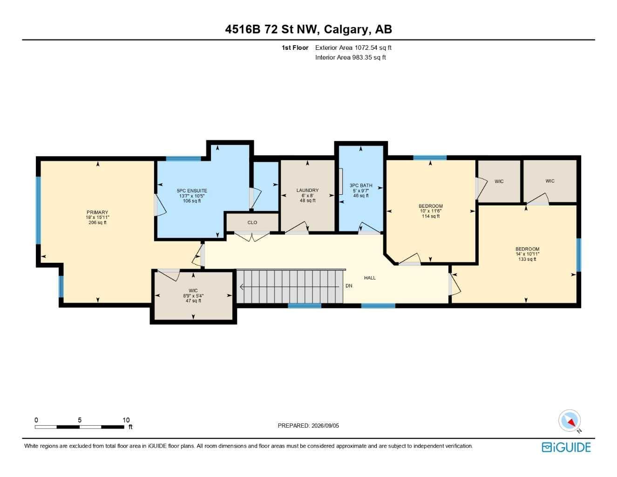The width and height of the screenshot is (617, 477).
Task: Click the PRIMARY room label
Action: click(97, 212)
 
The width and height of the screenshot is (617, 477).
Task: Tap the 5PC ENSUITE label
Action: click(192, 191)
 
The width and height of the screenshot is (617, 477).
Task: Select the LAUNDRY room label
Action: click(307, 190)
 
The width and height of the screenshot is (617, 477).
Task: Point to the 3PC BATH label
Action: click(361, 185)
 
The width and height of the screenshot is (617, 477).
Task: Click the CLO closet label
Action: click(252, 223)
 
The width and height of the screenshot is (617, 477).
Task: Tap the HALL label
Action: click(370, 278)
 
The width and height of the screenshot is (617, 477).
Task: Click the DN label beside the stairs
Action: click(349, 286)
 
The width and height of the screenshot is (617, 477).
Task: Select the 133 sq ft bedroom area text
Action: click(527, 259)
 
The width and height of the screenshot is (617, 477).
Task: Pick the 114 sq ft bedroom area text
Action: click(431, 216)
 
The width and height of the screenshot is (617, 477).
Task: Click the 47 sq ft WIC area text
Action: click(193, 300)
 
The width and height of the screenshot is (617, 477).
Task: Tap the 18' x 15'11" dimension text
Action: click(97, 218)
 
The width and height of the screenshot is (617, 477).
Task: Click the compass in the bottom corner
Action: click(570, 421)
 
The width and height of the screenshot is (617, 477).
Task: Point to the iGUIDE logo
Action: click(566, 447)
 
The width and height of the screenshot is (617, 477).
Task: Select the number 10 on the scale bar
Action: click(126, 420)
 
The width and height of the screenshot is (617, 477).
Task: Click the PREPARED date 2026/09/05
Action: click(325, 426)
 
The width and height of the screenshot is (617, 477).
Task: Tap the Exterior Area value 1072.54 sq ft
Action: click(373, 48)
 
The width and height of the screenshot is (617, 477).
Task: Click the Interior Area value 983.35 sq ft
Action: click(369, 57)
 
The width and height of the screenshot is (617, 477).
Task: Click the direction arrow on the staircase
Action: click(290, 287)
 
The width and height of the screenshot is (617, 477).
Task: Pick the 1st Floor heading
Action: click(295, 48)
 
